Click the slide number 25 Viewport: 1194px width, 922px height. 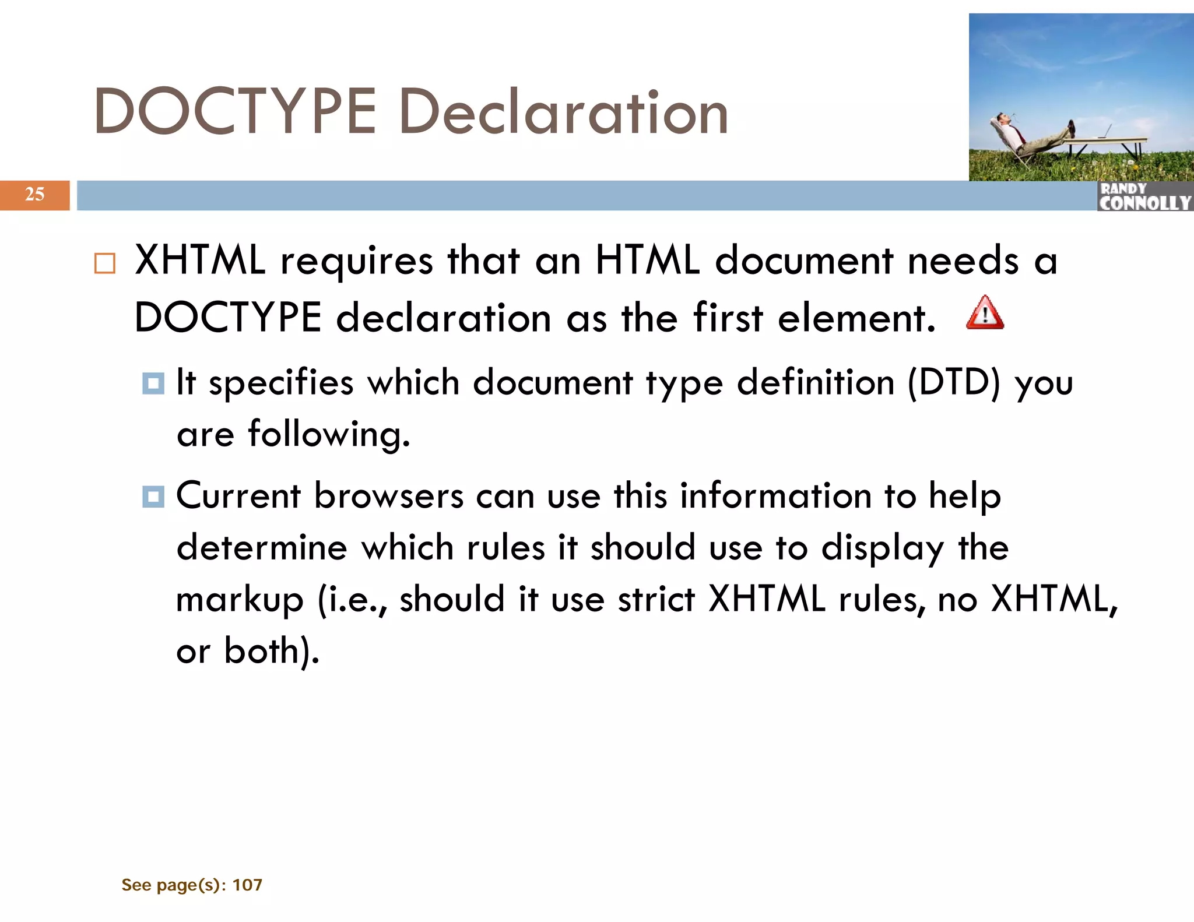pos(35,194)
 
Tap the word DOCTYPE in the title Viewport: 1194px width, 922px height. pos(235,111)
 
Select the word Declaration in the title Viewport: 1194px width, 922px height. pos(564,111)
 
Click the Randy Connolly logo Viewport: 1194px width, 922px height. pos(1144,196)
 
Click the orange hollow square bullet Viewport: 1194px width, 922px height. pos(105,263)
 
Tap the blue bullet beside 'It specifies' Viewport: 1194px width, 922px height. pos(153,383)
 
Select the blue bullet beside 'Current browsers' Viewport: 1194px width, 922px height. pos(153,497)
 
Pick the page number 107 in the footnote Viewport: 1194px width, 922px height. pos(247,885)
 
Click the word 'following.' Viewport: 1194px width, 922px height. pos(329,435)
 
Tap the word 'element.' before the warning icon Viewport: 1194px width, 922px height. pos(856,318)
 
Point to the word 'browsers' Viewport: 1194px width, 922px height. pos(389,496)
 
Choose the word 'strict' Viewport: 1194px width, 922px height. pos(656,599)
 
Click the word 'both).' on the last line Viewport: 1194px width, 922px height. pos(272,651)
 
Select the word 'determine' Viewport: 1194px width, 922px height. pos(262,548)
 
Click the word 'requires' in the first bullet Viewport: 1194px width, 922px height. pos(357,262)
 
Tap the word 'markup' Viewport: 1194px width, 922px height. pos(240,600)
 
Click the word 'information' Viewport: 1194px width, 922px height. pos(775,496)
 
